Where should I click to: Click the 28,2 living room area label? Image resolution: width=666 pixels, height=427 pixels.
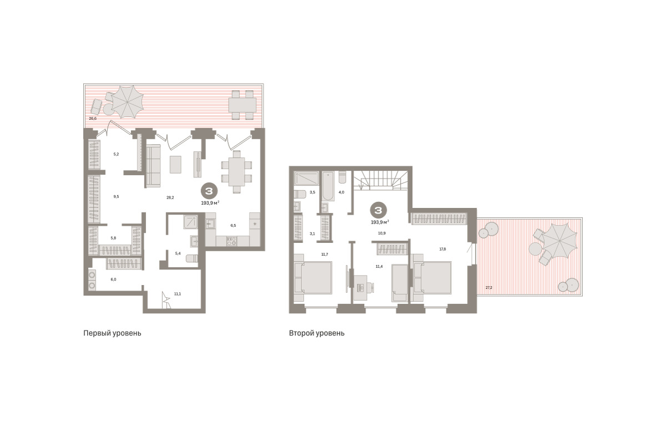point(170,197)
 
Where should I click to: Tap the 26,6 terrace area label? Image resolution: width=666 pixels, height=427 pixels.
point(93,118)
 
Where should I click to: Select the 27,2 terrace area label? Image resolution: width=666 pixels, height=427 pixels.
point(489,288)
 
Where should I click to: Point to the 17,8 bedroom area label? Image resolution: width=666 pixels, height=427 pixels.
point(442,250)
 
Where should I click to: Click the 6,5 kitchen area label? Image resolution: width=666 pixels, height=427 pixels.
point(233,226)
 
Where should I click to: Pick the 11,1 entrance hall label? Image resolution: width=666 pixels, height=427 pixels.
point(178,294)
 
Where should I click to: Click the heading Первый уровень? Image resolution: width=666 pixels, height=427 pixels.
point(112,333)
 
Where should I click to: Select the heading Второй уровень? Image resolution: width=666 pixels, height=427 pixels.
point(317,333)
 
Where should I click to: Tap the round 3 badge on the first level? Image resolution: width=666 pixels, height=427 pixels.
point(209,191)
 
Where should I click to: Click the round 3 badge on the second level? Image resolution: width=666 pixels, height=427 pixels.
point(378,210)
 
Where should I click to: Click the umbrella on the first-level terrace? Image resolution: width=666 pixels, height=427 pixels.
point(128,102)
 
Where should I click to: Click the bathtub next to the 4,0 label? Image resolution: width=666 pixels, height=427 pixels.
point(329,186)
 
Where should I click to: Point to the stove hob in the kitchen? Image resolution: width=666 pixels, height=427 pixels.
point(231,241)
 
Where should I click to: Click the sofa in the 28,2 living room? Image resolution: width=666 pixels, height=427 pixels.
point(153,166)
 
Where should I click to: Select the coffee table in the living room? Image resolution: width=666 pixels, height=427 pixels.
point(175,164)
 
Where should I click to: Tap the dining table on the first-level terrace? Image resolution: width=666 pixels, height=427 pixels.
point(243,105)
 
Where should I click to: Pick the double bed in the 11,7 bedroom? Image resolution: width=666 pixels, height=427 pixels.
point(314,278)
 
